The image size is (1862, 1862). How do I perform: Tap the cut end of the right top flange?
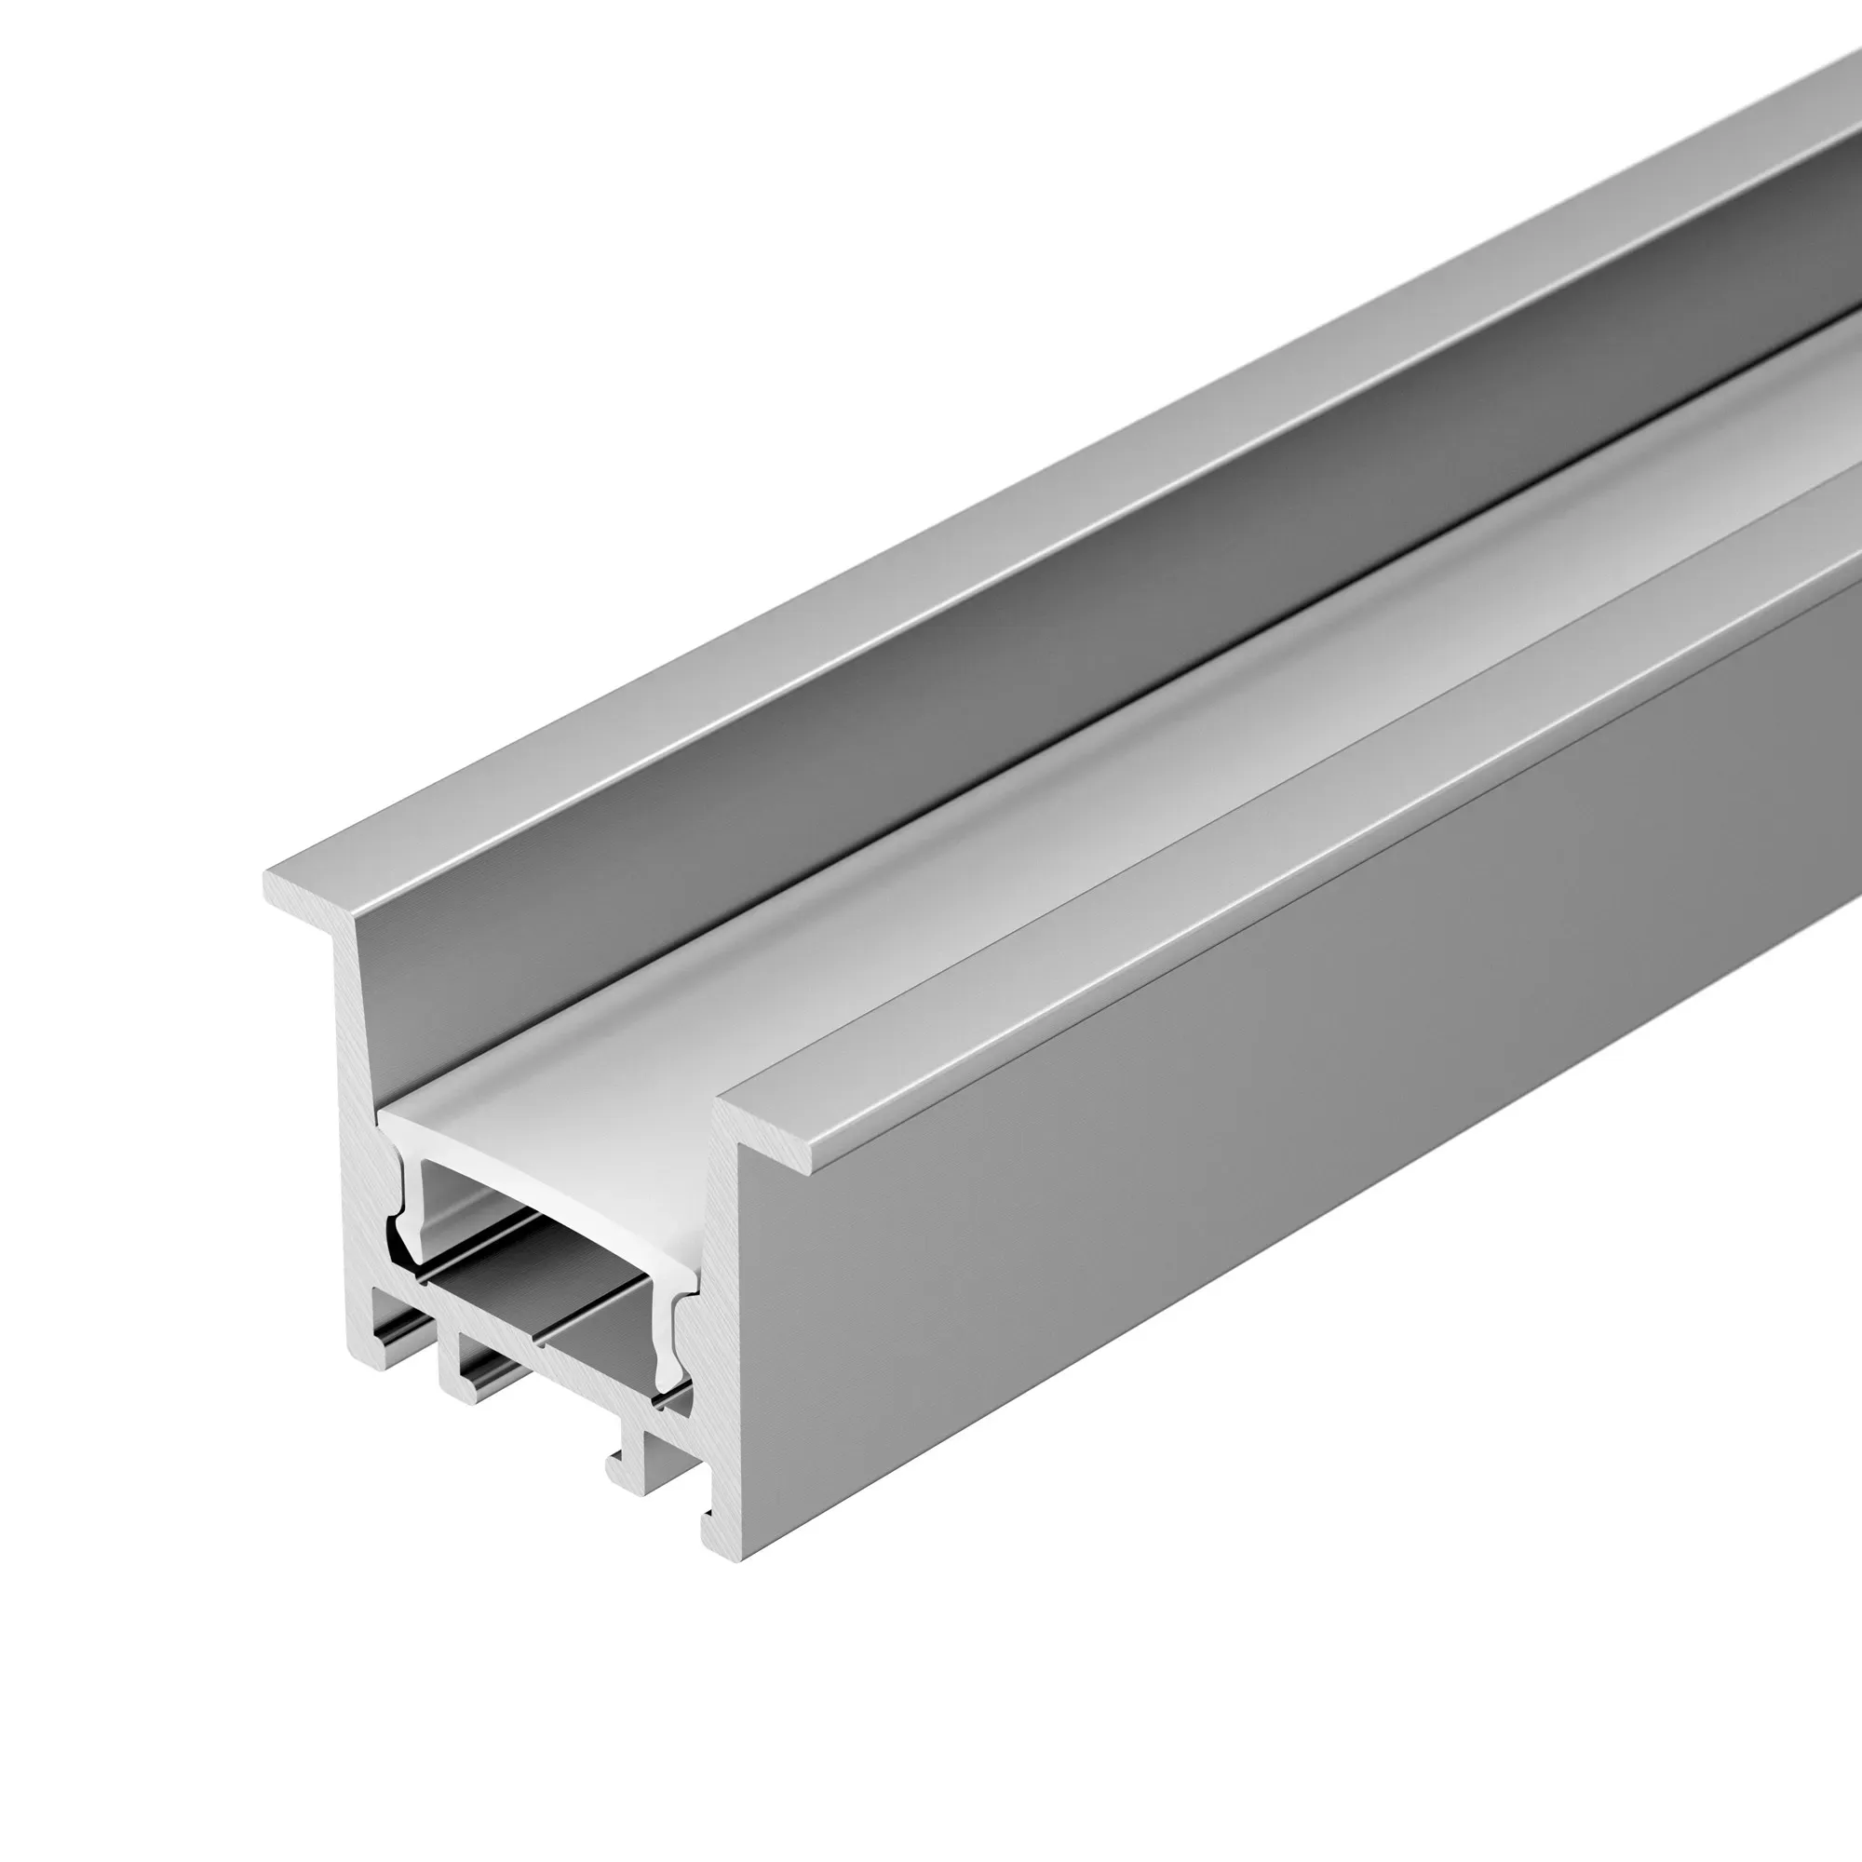[x=771, y=1133]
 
